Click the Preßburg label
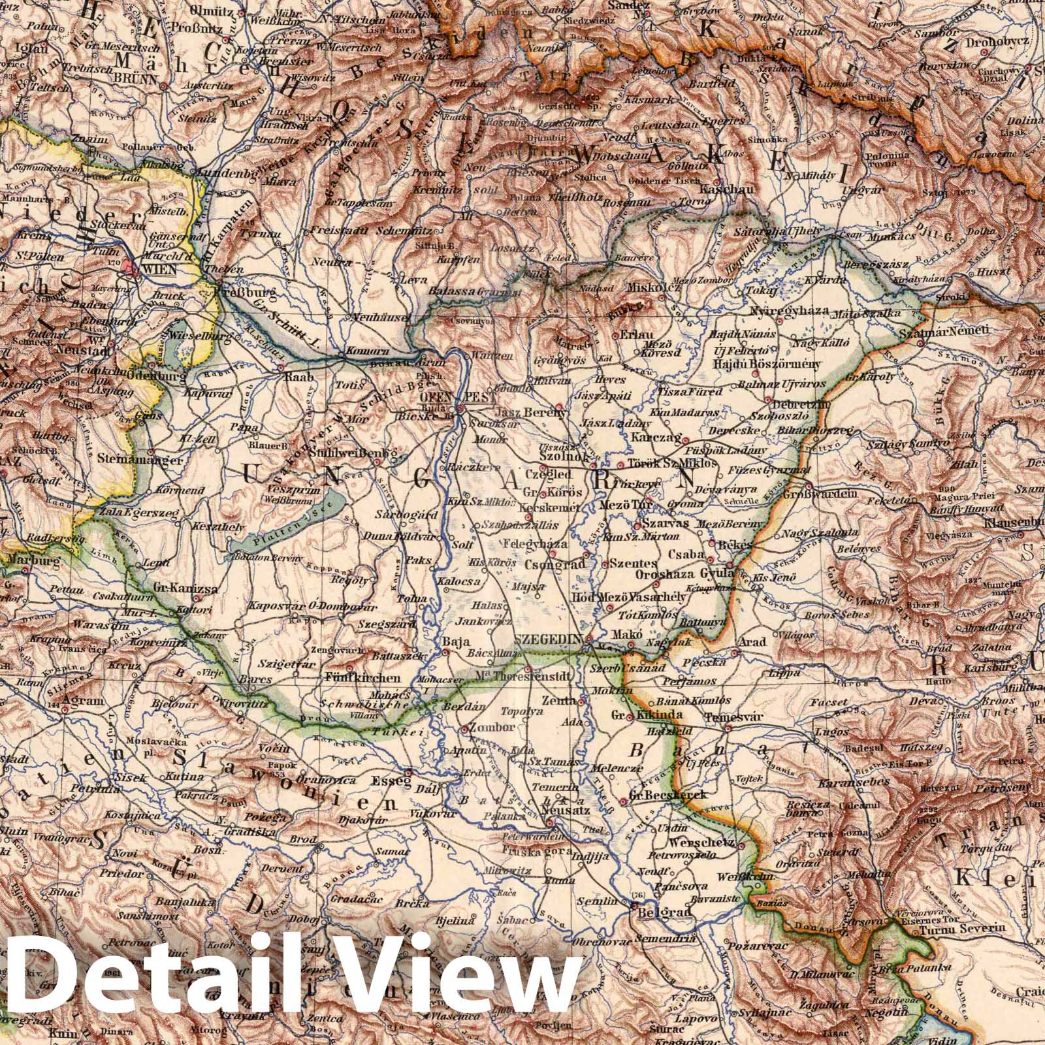coord(250,293)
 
